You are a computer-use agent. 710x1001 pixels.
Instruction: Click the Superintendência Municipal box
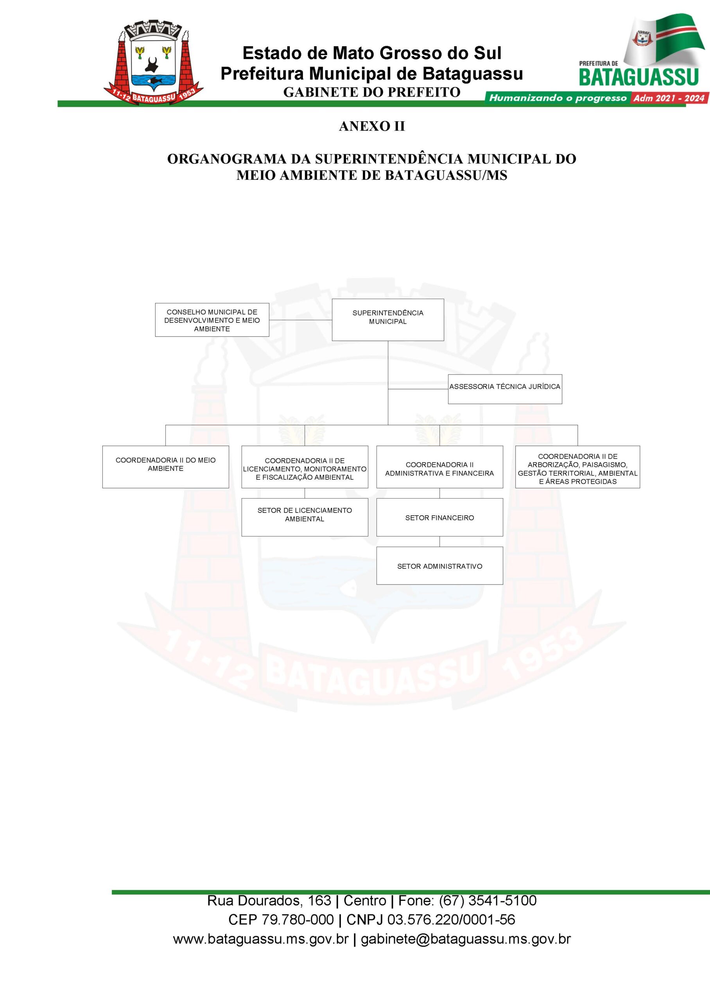[x=388, y=319]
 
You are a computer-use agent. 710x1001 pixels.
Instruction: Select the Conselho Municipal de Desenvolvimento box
[x=212, y=320]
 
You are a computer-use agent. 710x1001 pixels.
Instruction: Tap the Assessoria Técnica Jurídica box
[x=505, y=389]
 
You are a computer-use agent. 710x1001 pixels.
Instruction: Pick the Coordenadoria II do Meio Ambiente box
[x=166, y=467]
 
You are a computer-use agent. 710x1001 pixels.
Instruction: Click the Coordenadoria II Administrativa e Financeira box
[x=440, y=467]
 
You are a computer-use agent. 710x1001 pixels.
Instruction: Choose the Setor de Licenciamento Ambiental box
[x=305, y=517]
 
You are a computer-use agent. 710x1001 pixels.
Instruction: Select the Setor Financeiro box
[x=440, y=517]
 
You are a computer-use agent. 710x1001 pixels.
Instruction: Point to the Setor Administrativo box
[x=440, y=566]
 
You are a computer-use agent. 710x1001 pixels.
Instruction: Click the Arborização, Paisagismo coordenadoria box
[x=577, y=467]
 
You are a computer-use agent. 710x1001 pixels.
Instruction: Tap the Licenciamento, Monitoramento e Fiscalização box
[x=305, y=467]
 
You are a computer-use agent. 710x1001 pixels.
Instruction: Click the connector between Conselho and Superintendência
[x=300, y=320]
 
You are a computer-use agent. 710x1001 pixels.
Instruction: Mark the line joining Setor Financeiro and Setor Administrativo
[x=440, y=542]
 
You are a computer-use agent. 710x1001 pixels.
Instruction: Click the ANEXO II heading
[x=372, y=126]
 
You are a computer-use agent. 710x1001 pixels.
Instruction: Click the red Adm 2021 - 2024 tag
[x=669, y=98]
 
